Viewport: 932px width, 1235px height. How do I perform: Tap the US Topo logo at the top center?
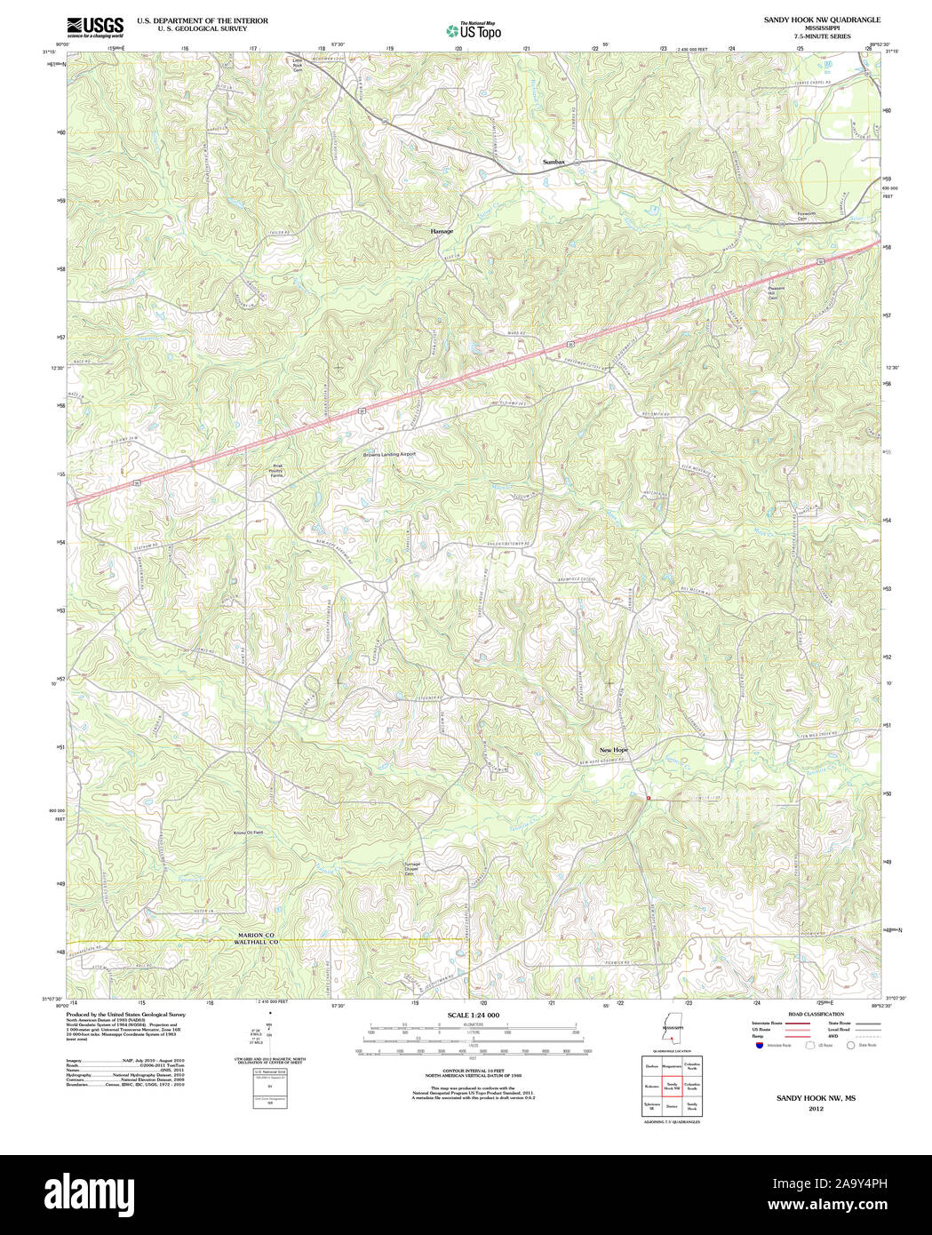pos(474,30)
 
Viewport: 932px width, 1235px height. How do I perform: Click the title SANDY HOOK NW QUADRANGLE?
pos(822,20)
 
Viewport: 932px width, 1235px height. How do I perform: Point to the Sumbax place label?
pos(554,163)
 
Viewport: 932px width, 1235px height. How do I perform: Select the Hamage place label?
pos(442,231)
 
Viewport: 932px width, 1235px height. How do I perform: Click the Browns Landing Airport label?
pos(389,454)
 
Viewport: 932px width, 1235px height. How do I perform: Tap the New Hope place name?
pos(613,750)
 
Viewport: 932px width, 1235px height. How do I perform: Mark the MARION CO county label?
pos(258,935)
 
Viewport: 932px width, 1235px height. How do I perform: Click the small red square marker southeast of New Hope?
pos(649,799)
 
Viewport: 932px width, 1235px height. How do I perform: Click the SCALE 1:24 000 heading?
pos(473,1015)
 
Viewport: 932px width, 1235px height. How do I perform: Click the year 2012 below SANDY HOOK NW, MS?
pos(816,1108)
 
